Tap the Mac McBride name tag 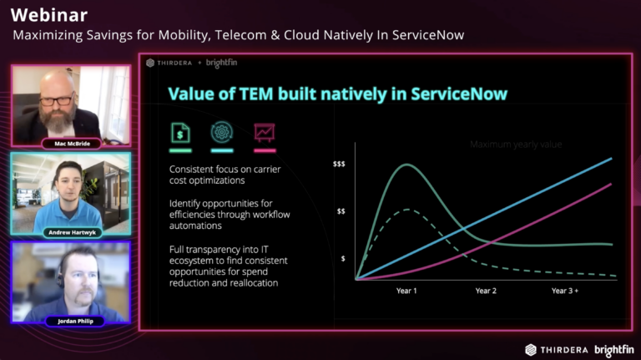point(70,144)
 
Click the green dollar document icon point(179,132)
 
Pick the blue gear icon point(222,132)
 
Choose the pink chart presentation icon point(265,132)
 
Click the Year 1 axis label point(406,291)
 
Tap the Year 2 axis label point(486,291)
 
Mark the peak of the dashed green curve point(406,209)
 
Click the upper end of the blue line point(612,158)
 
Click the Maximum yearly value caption point(516,145)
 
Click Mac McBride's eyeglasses point(55,100)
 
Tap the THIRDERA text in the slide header point(174,63)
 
